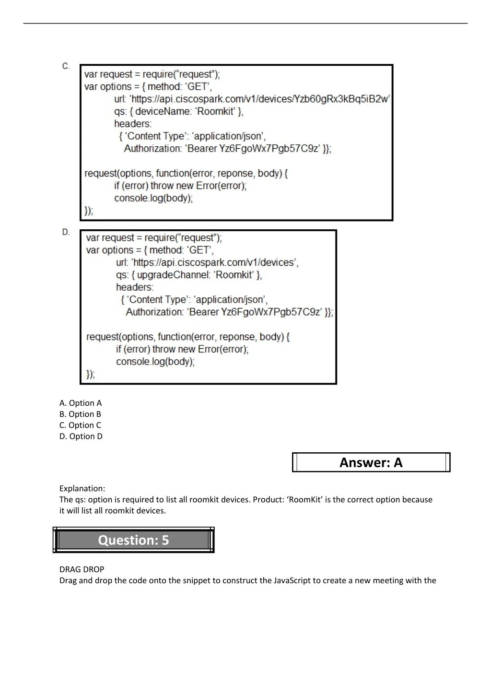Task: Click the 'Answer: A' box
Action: pos(371,462)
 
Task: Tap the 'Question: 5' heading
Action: pos(133,540)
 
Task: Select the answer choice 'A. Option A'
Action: pos(81,403)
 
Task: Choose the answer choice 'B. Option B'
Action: pos(80,414)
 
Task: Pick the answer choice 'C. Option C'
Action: pos(80,425)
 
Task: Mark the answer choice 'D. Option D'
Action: pos(81,436)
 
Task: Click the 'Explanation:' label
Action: pos(82,488)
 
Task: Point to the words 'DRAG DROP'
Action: pos(82,569)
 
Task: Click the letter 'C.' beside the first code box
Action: pos(66,66)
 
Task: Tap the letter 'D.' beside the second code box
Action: pos(66,232)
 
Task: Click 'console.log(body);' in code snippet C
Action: pos(153,198)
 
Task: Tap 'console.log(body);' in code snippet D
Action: pos(155,362)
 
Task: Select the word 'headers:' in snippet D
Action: pos(135,287)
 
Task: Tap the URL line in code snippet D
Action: pos(207,262)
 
